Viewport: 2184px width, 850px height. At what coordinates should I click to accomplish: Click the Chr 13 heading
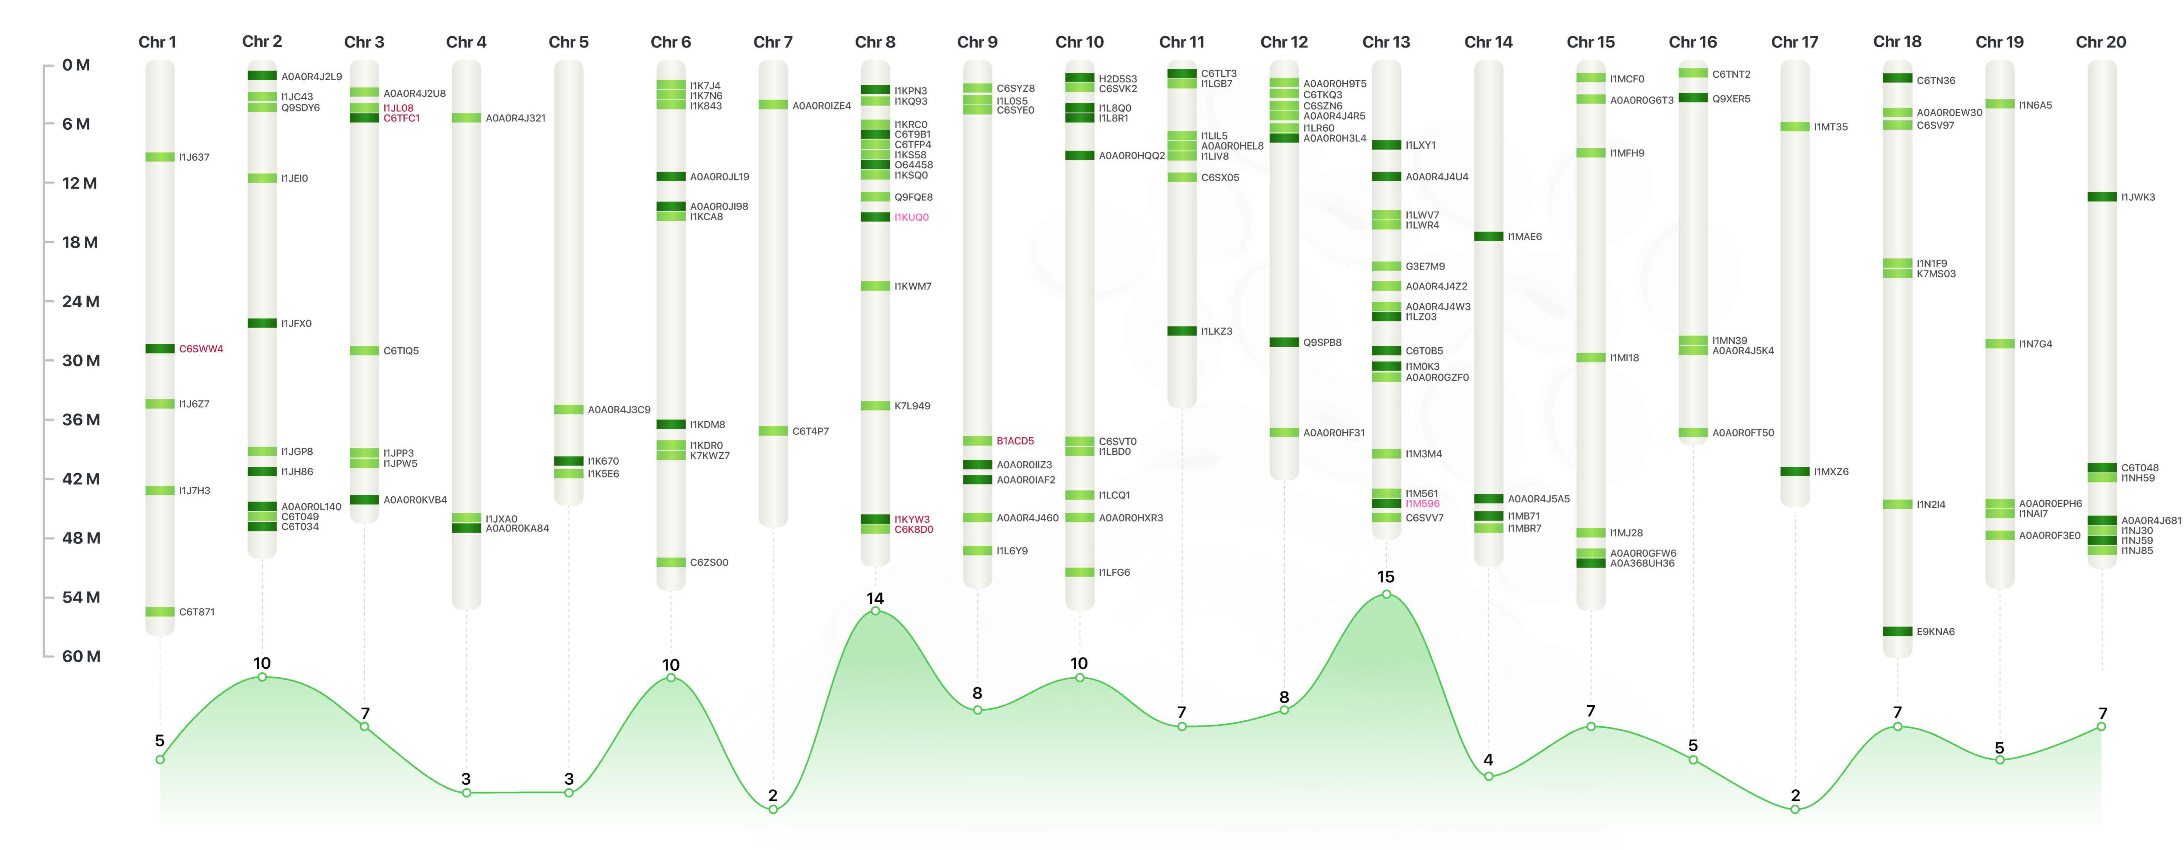pos(1385,42)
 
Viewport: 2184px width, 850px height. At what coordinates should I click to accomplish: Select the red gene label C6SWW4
pos(201,349)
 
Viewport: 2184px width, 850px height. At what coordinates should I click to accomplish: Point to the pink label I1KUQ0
pos(911,217)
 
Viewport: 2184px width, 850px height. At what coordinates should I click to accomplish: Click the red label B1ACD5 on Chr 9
pos(1015,441)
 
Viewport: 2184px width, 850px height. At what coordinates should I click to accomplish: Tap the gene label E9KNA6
pos(1935,631)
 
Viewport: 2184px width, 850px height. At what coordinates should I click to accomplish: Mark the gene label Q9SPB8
pos(1322,342)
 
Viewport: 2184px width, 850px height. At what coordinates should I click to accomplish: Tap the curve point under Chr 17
pos(1795,809)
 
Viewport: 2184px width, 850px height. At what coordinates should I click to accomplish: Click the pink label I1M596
pos(1422,504)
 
